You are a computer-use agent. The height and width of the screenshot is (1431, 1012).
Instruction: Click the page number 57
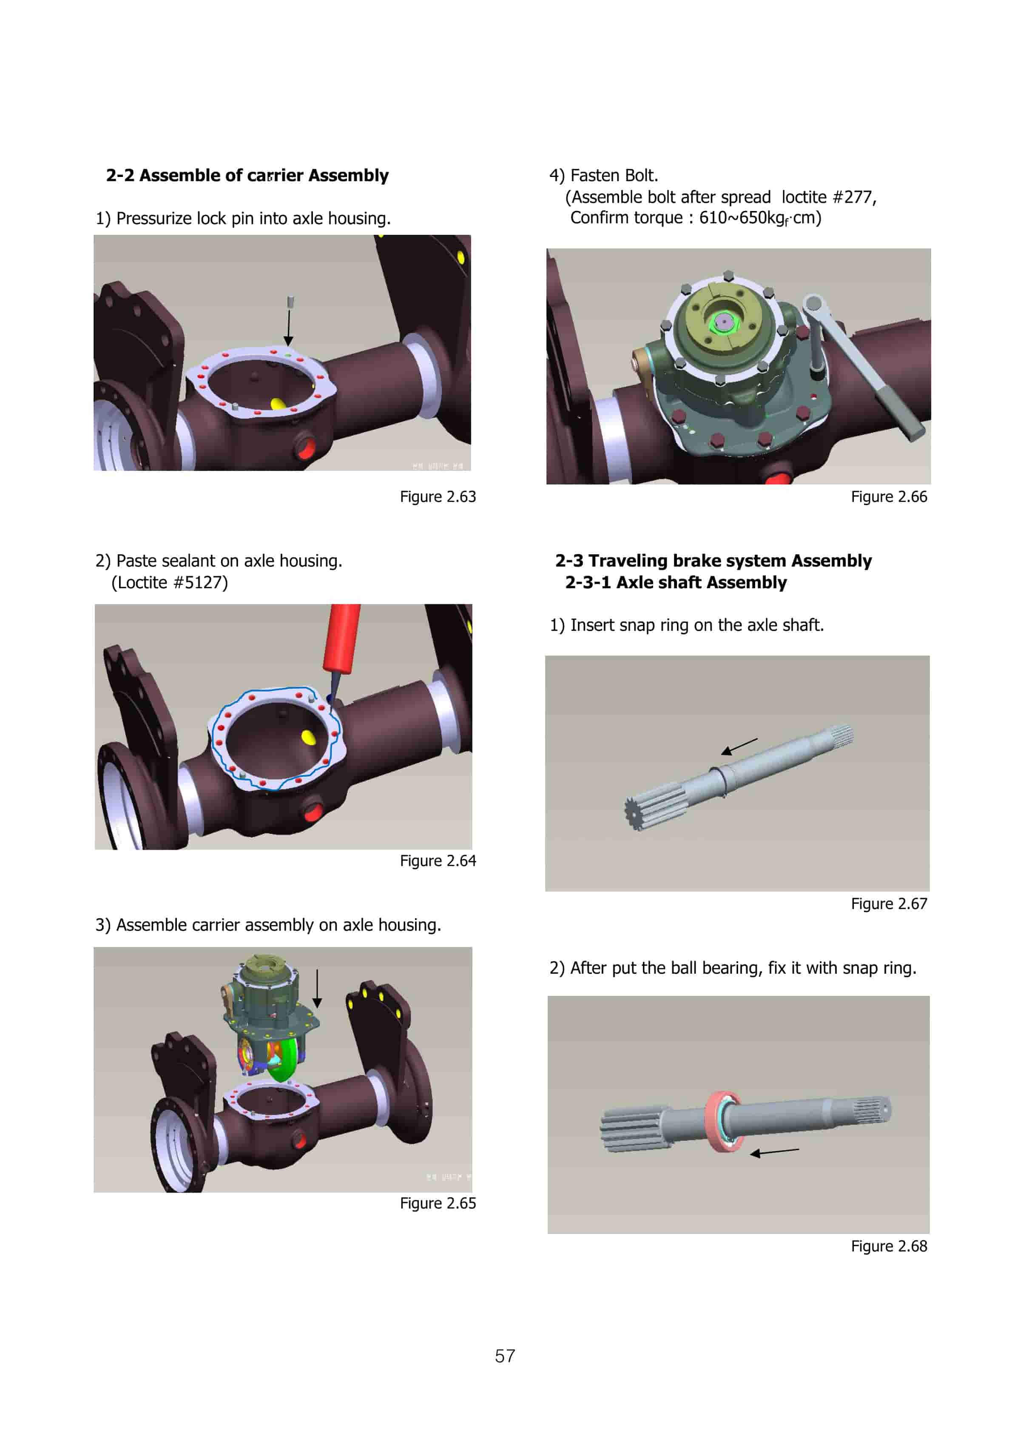point(505,1356)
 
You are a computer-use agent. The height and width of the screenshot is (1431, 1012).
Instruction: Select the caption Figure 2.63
point(438,497)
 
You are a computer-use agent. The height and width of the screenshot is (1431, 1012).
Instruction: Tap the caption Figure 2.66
point(889,497)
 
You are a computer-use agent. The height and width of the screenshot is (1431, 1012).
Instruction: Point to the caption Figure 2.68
point(889,1246)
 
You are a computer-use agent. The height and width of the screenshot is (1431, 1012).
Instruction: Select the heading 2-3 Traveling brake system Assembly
point(713,561)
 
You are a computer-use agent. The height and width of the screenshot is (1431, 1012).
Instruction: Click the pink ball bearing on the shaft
point(723,1120)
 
